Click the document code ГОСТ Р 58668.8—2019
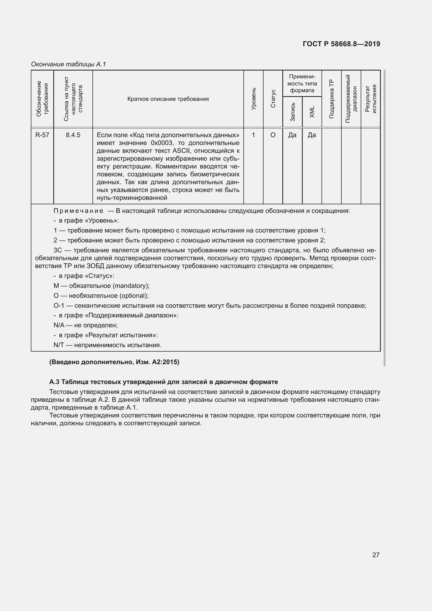tap(341, 44)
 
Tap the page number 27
tap(376, 555)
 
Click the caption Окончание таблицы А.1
tap(68, 64)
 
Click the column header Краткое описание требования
tap(168, 99)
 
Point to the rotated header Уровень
tap(254, 98)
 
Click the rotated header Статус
tap(273, 98)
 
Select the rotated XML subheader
tap(312, 112)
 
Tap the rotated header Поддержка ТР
tap(331, 99)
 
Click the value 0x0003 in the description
tap(161, 143)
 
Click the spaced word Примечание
tap(78, 211)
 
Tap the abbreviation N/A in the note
tap(59, 325)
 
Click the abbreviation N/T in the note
tap(59, 345)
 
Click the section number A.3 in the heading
tap(54, 382)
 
